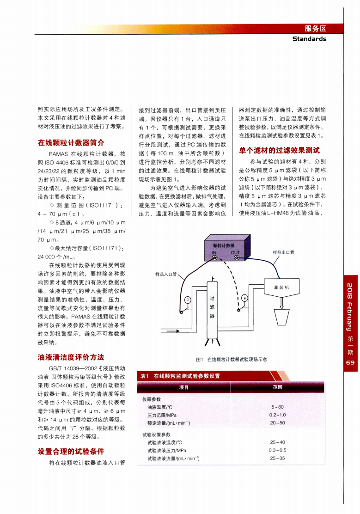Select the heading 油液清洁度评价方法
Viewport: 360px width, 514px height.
[71, 357]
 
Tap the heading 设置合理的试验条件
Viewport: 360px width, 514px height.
[71, 451]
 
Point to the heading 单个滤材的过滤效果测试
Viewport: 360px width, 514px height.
[279, 150]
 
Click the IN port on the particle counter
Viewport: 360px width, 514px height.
[215, 258]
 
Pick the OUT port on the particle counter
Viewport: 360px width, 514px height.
[237, 258]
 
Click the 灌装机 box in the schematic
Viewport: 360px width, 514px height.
[281, 287]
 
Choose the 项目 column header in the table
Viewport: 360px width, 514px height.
[183, 387]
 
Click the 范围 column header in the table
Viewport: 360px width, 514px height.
[277, 387]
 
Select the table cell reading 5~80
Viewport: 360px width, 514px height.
[277, 407]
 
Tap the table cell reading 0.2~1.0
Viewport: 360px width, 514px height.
[277, 415]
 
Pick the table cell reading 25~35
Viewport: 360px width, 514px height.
[277, 458]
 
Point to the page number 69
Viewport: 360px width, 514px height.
[351, 363]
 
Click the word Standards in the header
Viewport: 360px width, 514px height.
[309, 39]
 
